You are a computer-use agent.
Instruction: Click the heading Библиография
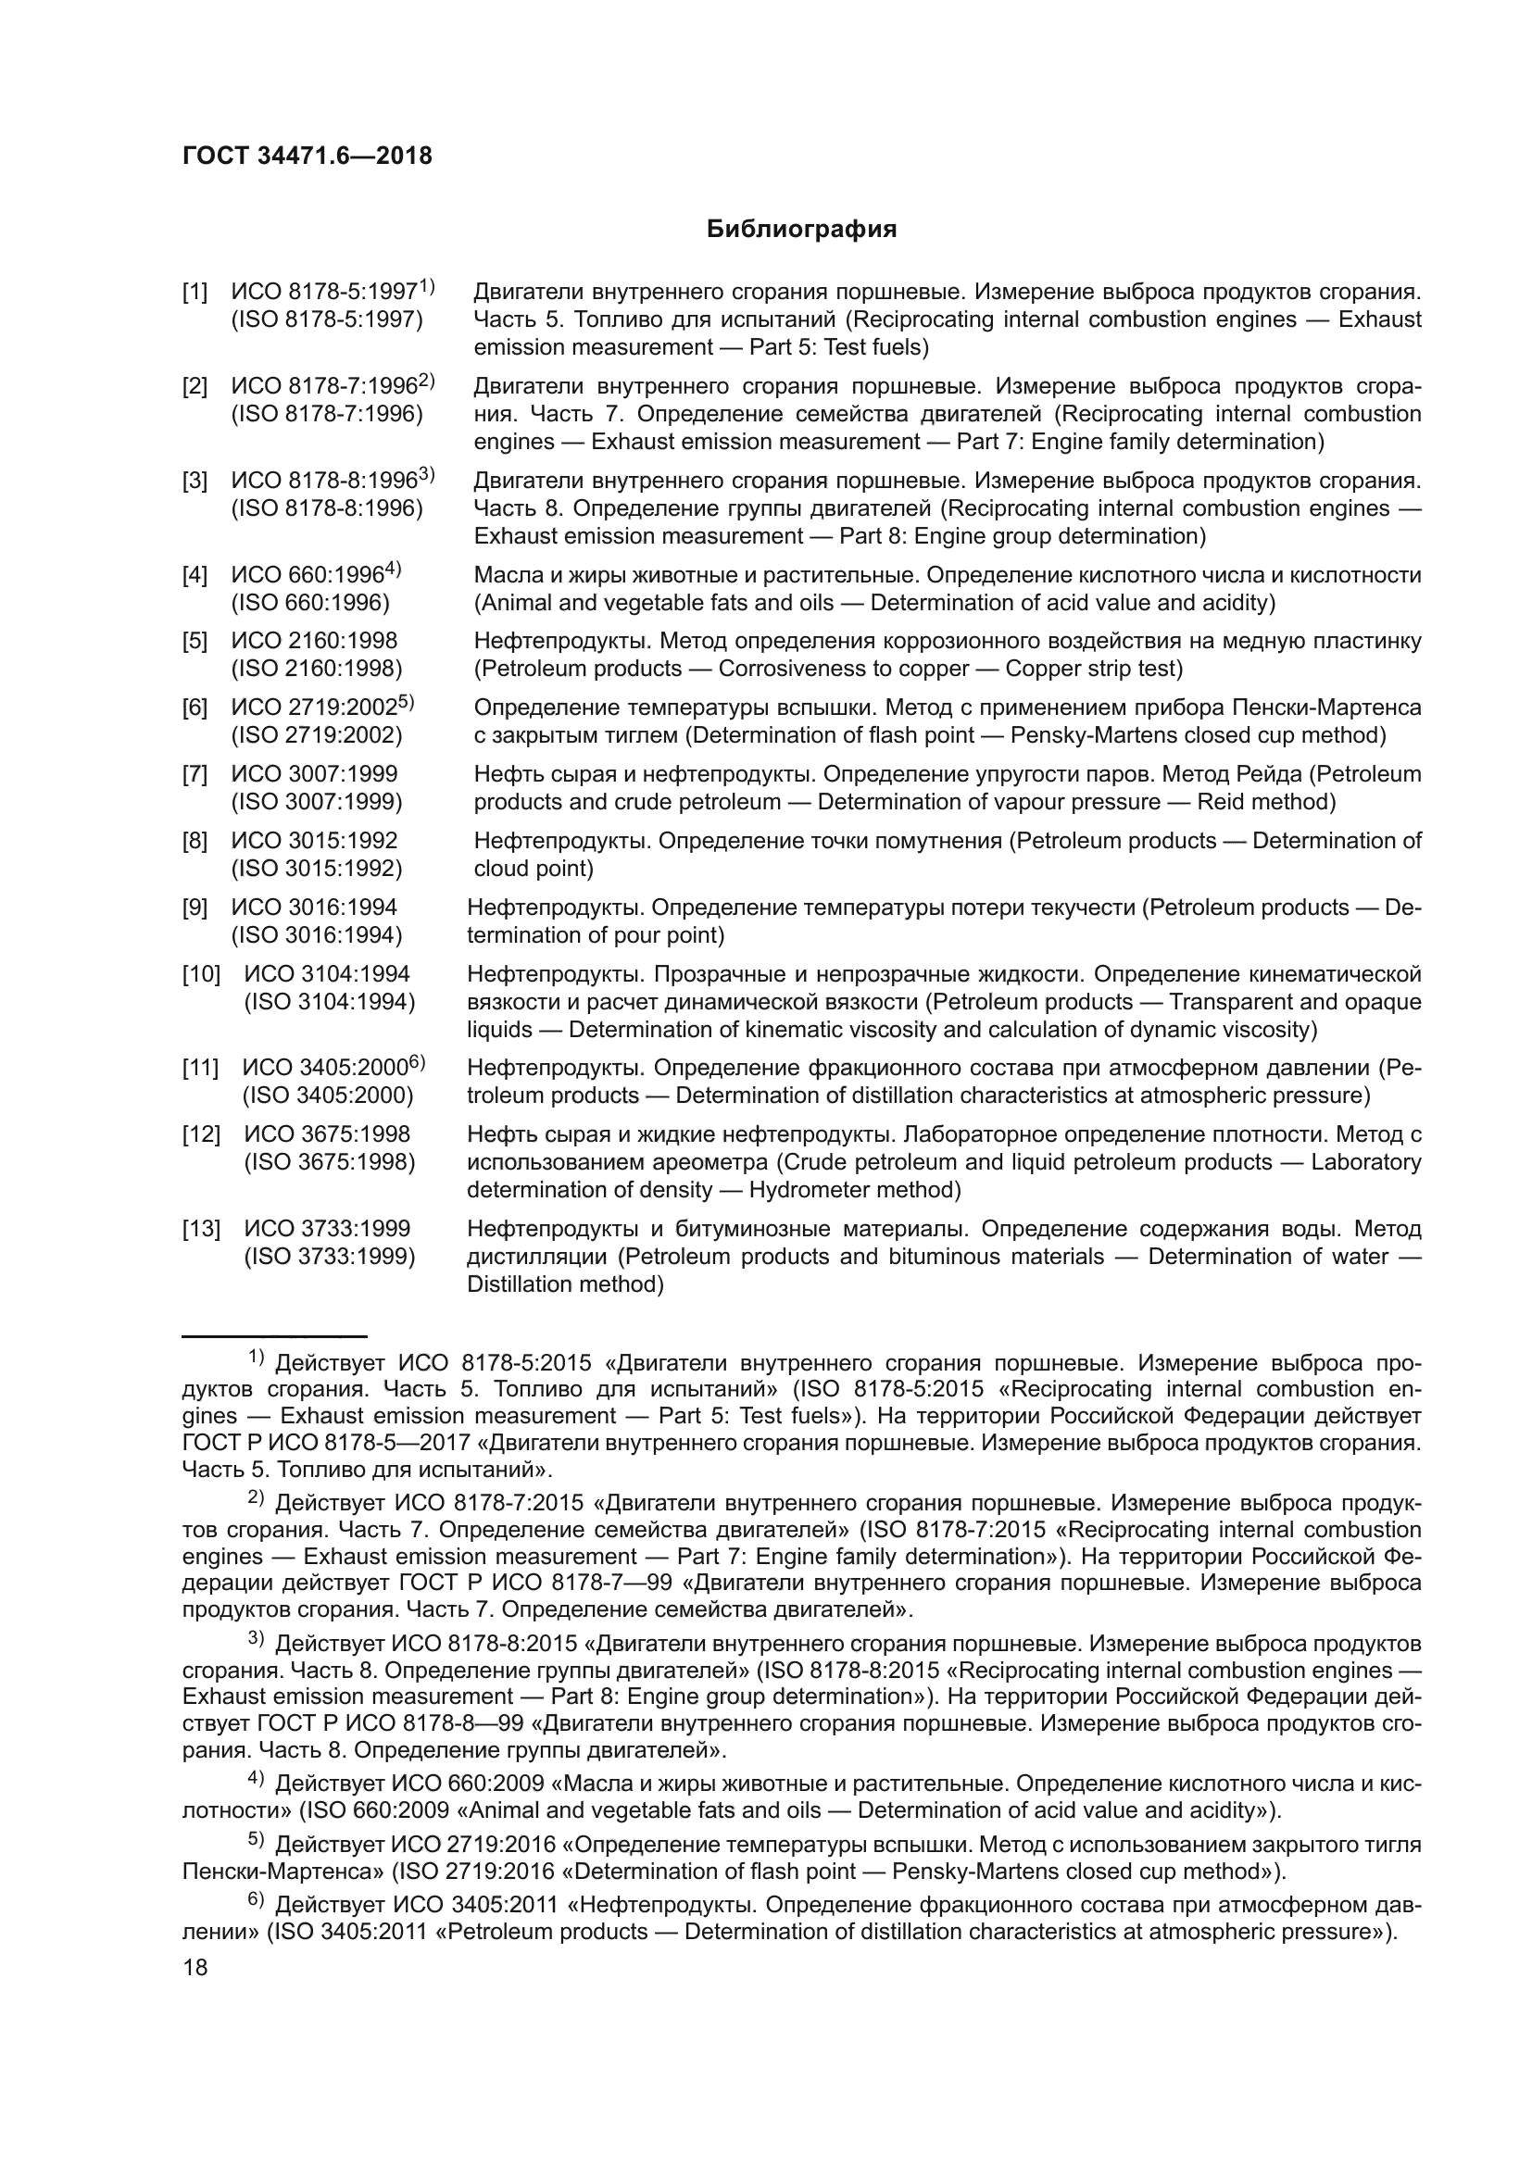tap(801, 230)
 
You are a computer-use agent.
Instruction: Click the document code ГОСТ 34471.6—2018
tap(307, 156)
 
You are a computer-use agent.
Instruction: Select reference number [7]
tap(195, 774)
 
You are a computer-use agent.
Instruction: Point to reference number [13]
tap(201, 1229)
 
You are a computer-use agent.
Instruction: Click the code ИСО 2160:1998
tap(314, 642)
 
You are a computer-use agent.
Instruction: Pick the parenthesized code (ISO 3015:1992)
tap(317, 868)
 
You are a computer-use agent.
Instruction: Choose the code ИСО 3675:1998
tap(327, 1135)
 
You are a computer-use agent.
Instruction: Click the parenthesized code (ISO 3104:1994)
tap(329, 1002)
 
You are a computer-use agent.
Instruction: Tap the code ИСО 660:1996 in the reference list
tap(308, 575)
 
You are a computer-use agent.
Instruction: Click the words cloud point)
tap(533, 868)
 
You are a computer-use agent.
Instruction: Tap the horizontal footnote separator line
tap(273, 1337)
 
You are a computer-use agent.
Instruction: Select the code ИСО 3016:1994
tap(314, 908)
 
